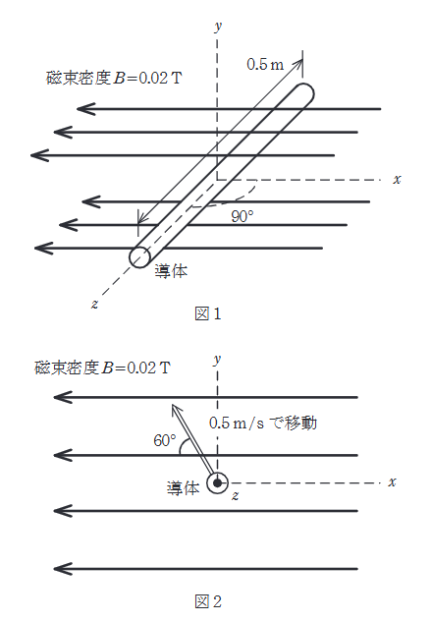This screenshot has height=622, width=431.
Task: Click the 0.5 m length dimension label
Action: coord(264,64)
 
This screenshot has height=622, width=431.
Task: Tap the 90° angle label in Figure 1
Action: coord(242,216)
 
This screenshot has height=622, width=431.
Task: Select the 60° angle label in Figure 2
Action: coord(164,441)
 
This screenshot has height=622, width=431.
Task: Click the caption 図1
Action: coord(209,314)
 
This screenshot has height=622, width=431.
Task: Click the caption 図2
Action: coord(209,598)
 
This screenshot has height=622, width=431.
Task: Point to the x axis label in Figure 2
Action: coord(392,481)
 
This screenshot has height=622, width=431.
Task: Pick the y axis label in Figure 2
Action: coord(216,361)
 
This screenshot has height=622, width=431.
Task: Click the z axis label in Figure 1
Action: coord(94,304)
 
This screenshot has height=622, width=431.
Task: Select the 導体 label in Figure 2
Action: coord(183,487)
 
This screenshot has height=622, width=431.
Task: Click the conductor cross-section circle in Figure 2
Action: coord(216,482)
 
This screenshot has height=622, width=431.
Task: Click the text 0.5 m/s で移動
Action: coord(264,424)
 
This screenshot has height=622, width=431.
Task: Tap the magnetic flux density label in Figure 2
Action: coord(102,368)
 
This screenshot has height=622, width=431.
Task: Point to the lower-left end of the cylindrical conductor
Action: coord(140,256)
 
